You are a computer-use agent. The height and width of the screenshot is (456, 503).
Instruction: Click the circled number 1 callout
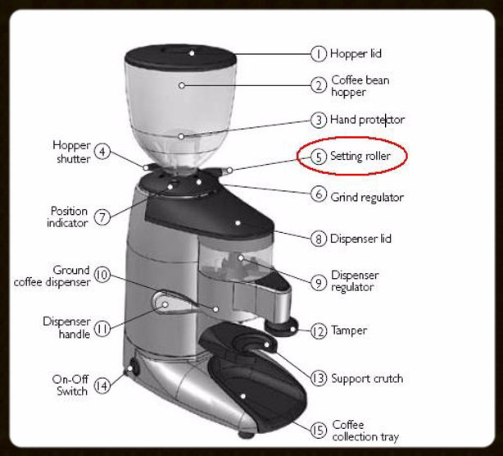tap(319, 54)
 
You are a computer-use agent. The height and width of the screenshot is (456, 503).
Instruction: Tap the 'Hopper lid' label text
tap(356, 54)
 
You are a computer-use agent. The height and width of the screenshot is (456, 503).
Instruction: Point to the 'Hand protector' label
tap(367, 120)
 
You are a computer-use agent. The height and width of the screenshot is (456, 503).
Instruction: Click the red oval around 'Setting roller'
tap(351, 155)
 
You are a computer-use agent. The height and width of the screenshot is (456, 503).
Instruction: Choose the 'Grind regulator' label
tap(366, 197)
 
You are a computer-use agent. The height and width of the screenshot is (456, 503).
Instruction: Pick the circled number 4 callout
tap(102, 152)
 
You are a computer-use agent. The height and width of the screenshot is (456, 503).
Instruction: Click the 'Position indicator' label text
tap(68, 217)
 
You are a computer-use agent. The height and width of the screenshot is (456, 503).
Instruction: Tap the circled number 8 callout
tap(319, 239)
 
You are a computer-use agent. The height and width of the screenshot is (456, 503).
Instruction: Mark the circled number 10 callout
tap(102, 276)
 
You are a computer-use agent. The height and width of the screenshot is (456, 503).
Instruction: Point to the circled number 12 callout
tap(319, 331)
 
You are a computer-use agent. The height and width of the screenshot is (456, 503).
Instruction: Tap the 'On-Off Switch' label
tap(72, 385)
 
